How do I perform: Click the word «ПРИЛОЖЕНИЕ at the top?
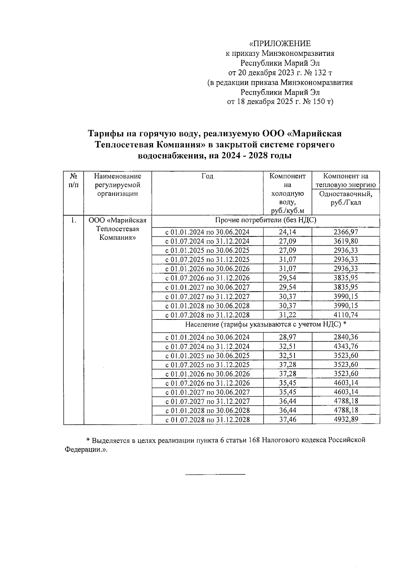[x=280, y=44]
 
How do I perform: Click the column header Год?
[x=207, y=176]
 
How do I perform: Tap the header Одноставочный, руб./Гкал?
[x=346, y=199]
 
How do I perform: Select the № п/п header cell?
[x=73, y=181]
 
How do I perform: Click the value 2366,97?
[x=346, y=232]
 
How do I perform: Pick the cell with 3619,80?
[x=346, y=241]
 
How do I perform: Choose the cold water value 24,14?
[x=287, y=232]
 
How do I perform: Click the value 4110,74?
[x=346, y=315]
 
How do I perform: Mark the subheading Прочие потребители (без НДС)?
[x=266, y=220]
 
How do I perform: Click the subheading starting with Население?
[x=266, y=324]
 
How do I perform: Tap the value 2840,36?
[x=346, y=337]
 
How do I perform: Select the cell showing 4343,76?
[x=346, y=346]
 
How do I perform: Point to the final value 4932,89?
[x=346, y=419]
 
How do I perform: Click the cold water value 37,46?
[x=287, y=420]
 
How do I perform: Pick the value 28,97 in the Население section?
[x=287, y=337]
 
